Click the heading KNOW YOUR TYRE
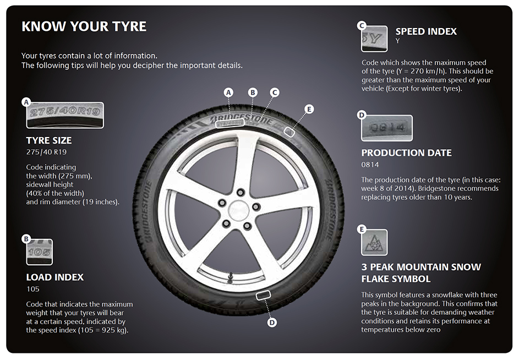click(84, 26)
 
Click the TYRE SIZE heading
click(49, 140)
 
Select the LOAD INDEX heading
click(55, 277)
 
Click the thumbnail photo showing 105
click(40, 252)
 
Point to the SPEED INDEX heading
click(426, 31)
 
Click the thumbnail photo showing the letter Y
click(374, 39)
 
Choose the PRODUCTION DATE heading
click(406, 152)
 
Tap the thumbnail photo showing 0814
click(387, 128)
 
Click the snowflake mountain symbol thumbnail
click(374, 242)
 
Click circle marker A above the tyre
click(229, 92)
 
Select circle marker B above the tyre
click(253, 92)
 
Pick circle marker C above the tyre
click(275, 92)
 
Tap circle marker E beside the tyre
click(309, 109)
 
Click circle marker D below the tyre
click(272, 323)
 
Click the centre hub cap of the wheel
click(238, 208)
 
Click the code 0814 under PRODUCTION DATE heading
click(370, 165)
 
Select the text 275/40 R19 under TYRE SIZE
click(42, 152)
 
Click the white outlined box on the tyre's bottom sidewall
click(264, 296)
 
